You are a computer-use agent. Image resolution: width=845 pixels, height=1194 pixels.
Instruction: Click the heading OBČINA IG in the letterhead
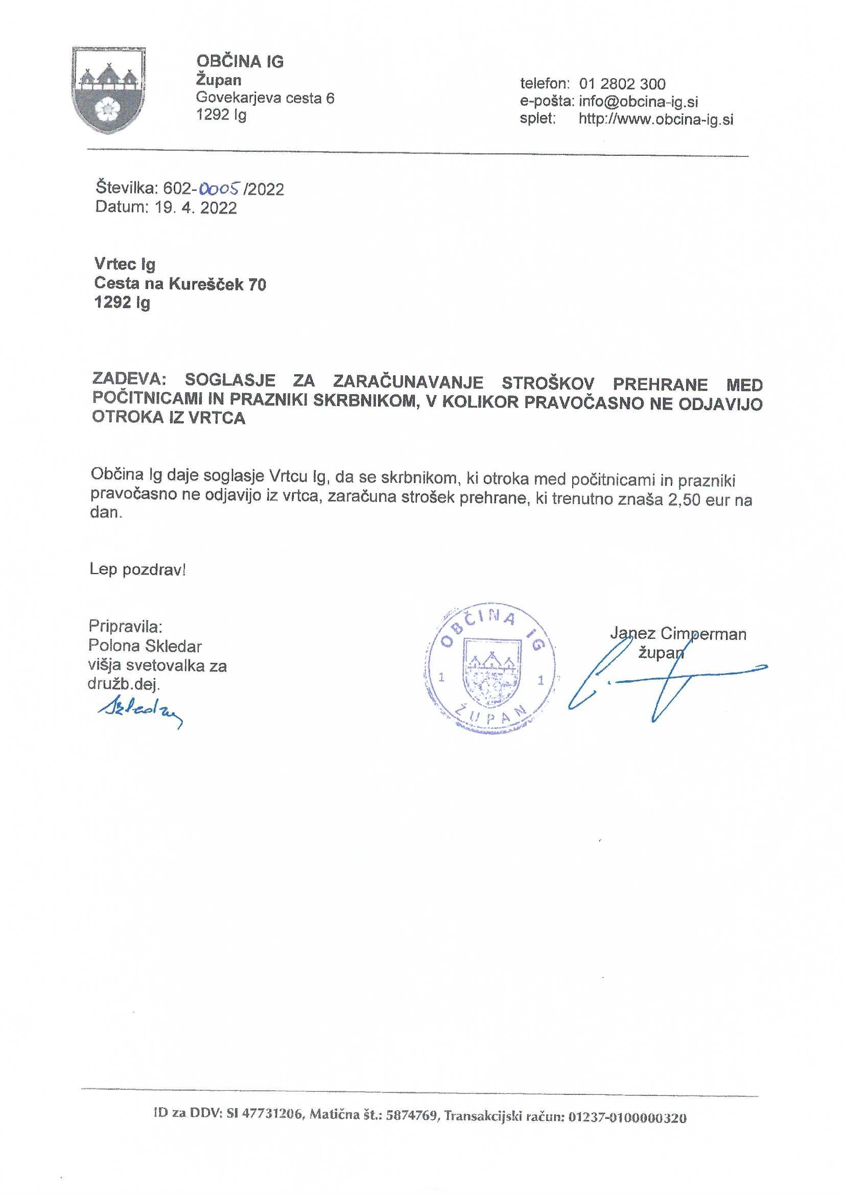(x=240, y=61)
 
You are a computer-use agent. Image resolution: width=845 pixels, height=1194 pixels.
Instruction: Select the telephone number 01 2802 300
(x=622, y=84)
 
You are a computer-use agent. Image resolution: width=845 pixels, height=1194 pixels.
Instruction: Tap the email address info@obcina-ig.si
(x=639, y=102)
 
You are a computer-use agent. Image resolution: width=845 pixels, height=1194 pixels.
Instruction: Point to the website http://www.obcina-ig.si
(x=655, y=119)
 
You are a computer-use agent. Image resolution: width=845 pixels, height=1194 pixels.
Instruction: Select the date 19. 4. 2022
(x=196, y=208)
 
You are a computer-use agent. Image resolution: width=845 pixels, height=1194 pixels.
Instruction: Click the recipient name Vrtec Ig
(x=125, y=264)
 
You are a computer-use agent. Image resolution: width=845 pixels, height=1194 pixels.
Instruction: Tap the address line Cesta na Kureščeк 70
(x=180, y=284)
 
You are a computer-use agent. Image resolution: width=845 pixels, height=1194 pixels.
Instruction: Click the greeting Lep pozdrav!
(x=137, y=569)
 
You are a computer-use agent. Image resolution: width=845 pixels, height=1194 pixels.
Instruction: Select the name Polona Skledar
(x=145, y=646)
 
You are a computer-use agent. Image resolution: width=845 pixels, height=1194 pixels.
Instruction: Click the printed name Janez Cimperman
(x=678, y=633)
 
